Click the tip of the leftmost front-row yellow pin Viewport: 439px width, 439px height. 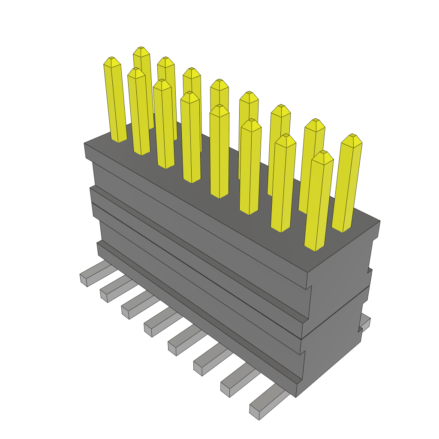point(111,60)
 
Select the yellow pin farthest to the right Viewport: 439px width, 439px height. point(348,184)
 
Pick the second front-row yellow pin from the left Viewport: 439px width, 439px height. point(139,111)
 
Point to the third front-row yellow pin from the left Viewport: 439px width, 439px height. point(164,124)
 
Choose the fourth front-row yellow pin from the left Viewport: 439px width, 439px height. point(191,137)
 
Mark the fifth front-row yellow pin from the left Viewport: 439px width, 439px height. point(219,152)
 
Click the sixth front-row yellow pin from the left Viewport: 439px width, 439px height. point(250,167)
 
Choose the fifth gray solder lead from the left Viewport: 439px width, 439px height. point(184,343)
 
